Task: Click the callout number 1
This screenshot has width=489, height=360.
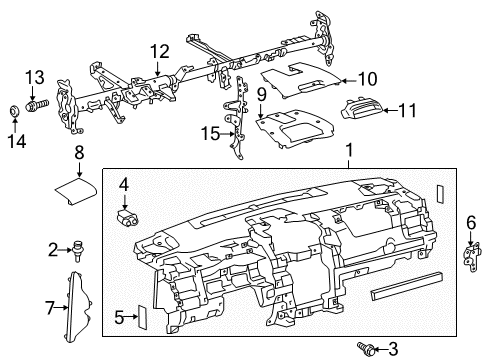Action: point(348,151)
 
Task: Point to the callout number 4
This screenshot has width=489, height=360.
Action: point(123,184)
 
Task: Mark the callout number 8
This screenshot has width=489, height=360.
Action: point(77,152)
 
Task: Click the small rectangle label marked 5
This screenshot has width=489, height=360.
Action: point(140,318)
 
